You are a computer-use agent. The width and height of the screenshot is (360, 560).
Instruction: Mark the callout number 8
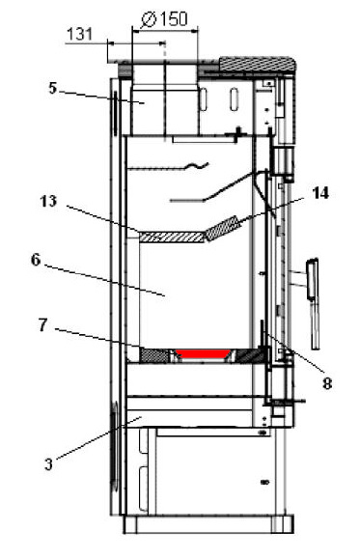[x=327, y=382]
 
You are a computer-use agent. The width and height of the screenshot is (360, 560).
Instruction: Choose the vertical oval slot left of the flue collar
[x=114, y=111]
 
